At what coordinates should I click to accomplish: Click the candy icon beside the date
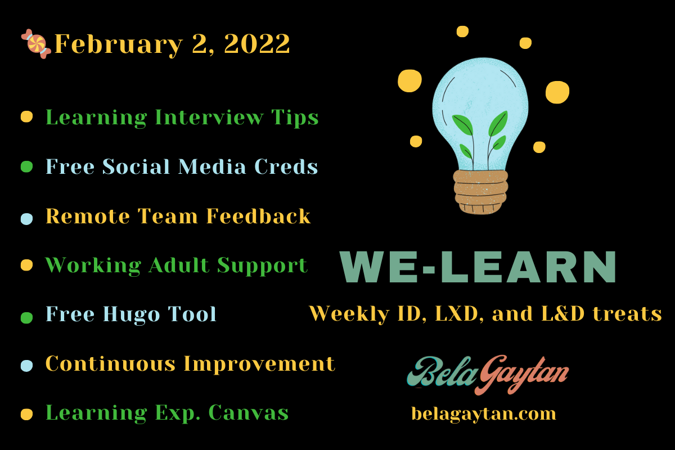coord(36,44)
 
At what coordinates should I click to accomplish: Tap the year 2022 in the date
coord(257,44)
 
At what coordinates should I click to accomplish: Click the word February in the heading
coord(119,44)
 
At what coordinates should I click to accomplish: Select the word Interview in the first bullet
coord(209,117)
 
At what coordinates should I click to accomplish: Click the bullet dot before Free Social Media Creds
coord(26,166)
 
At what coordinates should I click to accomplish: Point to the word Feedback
coord(258,216)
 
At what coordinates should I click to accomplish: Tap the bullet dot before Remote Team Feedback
coord(26,219)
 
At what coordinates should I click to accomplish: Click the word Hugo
coord(132,314)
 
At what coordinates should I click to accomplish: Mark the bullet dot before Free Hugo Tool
coord(26,317)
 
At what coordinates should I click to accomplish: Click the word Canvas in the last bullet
coord(249,413)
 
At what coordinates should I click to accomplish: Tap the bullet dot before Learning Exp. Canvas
coord(26,415)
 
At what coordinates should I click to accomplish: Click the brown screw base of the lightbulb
coord(480,192)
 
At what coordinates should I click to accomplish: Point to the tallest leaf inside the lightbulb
coord(498,124)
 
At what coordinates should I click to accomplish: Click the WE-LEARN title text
coord(478,267)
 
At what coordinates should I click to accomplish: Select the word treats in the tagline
coord(627,314)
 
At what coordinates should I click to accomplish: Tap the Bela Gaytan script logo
coord(488,375)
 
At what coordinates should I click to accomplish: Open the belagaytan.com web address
coord(484,414)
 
